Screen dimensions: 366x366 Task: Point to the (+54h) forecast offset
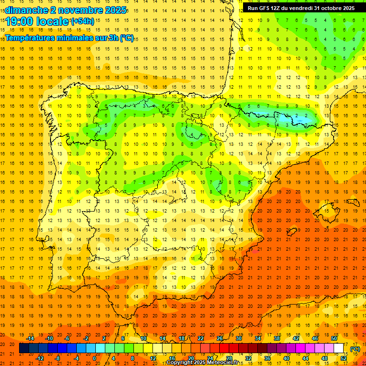click(82, 21)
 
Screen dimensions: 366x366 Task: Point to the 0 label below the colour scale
click(94, 358)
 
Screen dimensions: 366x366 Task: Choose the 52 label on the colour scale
click(344, 358)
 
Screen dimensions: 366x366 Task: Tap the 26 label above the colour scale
click(220, 338)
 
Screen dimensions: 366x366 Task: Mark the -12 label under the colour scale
click(40, 358)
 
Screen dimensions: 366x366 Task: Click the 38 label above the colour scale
click(276, 338)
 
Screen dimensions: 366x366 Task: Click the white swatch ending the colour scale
click(339, 348)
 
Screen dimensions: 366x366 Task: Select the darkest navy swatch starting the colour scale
click(24, 348)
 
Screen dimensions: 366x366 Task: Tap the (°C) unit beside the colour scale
click(355, 348)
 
